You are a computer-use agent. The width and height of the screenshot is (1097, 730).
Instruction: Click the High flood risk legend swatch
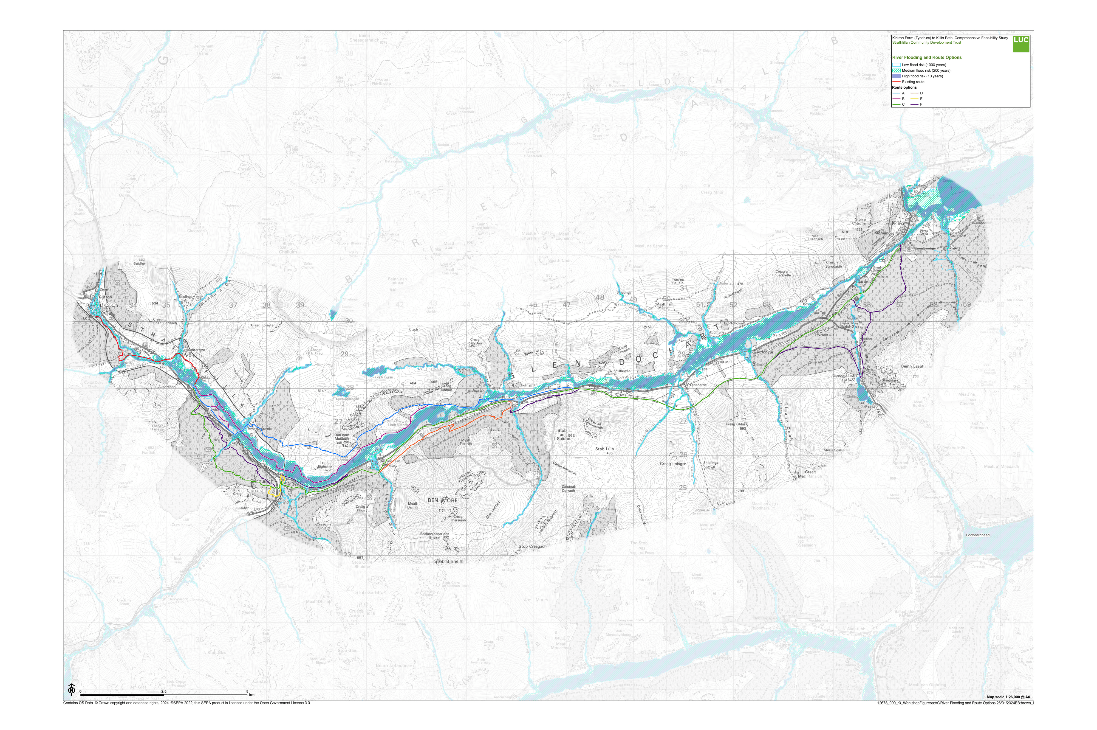(896, 76)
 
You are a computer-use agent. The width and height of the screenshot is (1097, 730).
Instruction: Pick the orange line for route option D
(914, 93)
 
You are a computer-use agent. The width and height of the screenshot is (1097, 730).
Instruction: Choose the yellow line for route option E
(914, 99)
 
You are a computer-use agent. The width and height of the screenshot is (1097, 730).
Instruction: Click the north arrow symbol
(72, 689)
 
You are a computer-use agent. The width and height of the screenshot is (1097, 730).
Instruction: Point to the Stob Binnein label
(448, 561)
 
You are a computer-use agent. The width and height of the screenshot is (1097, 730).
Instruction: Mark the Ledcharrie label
(699, 385)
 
